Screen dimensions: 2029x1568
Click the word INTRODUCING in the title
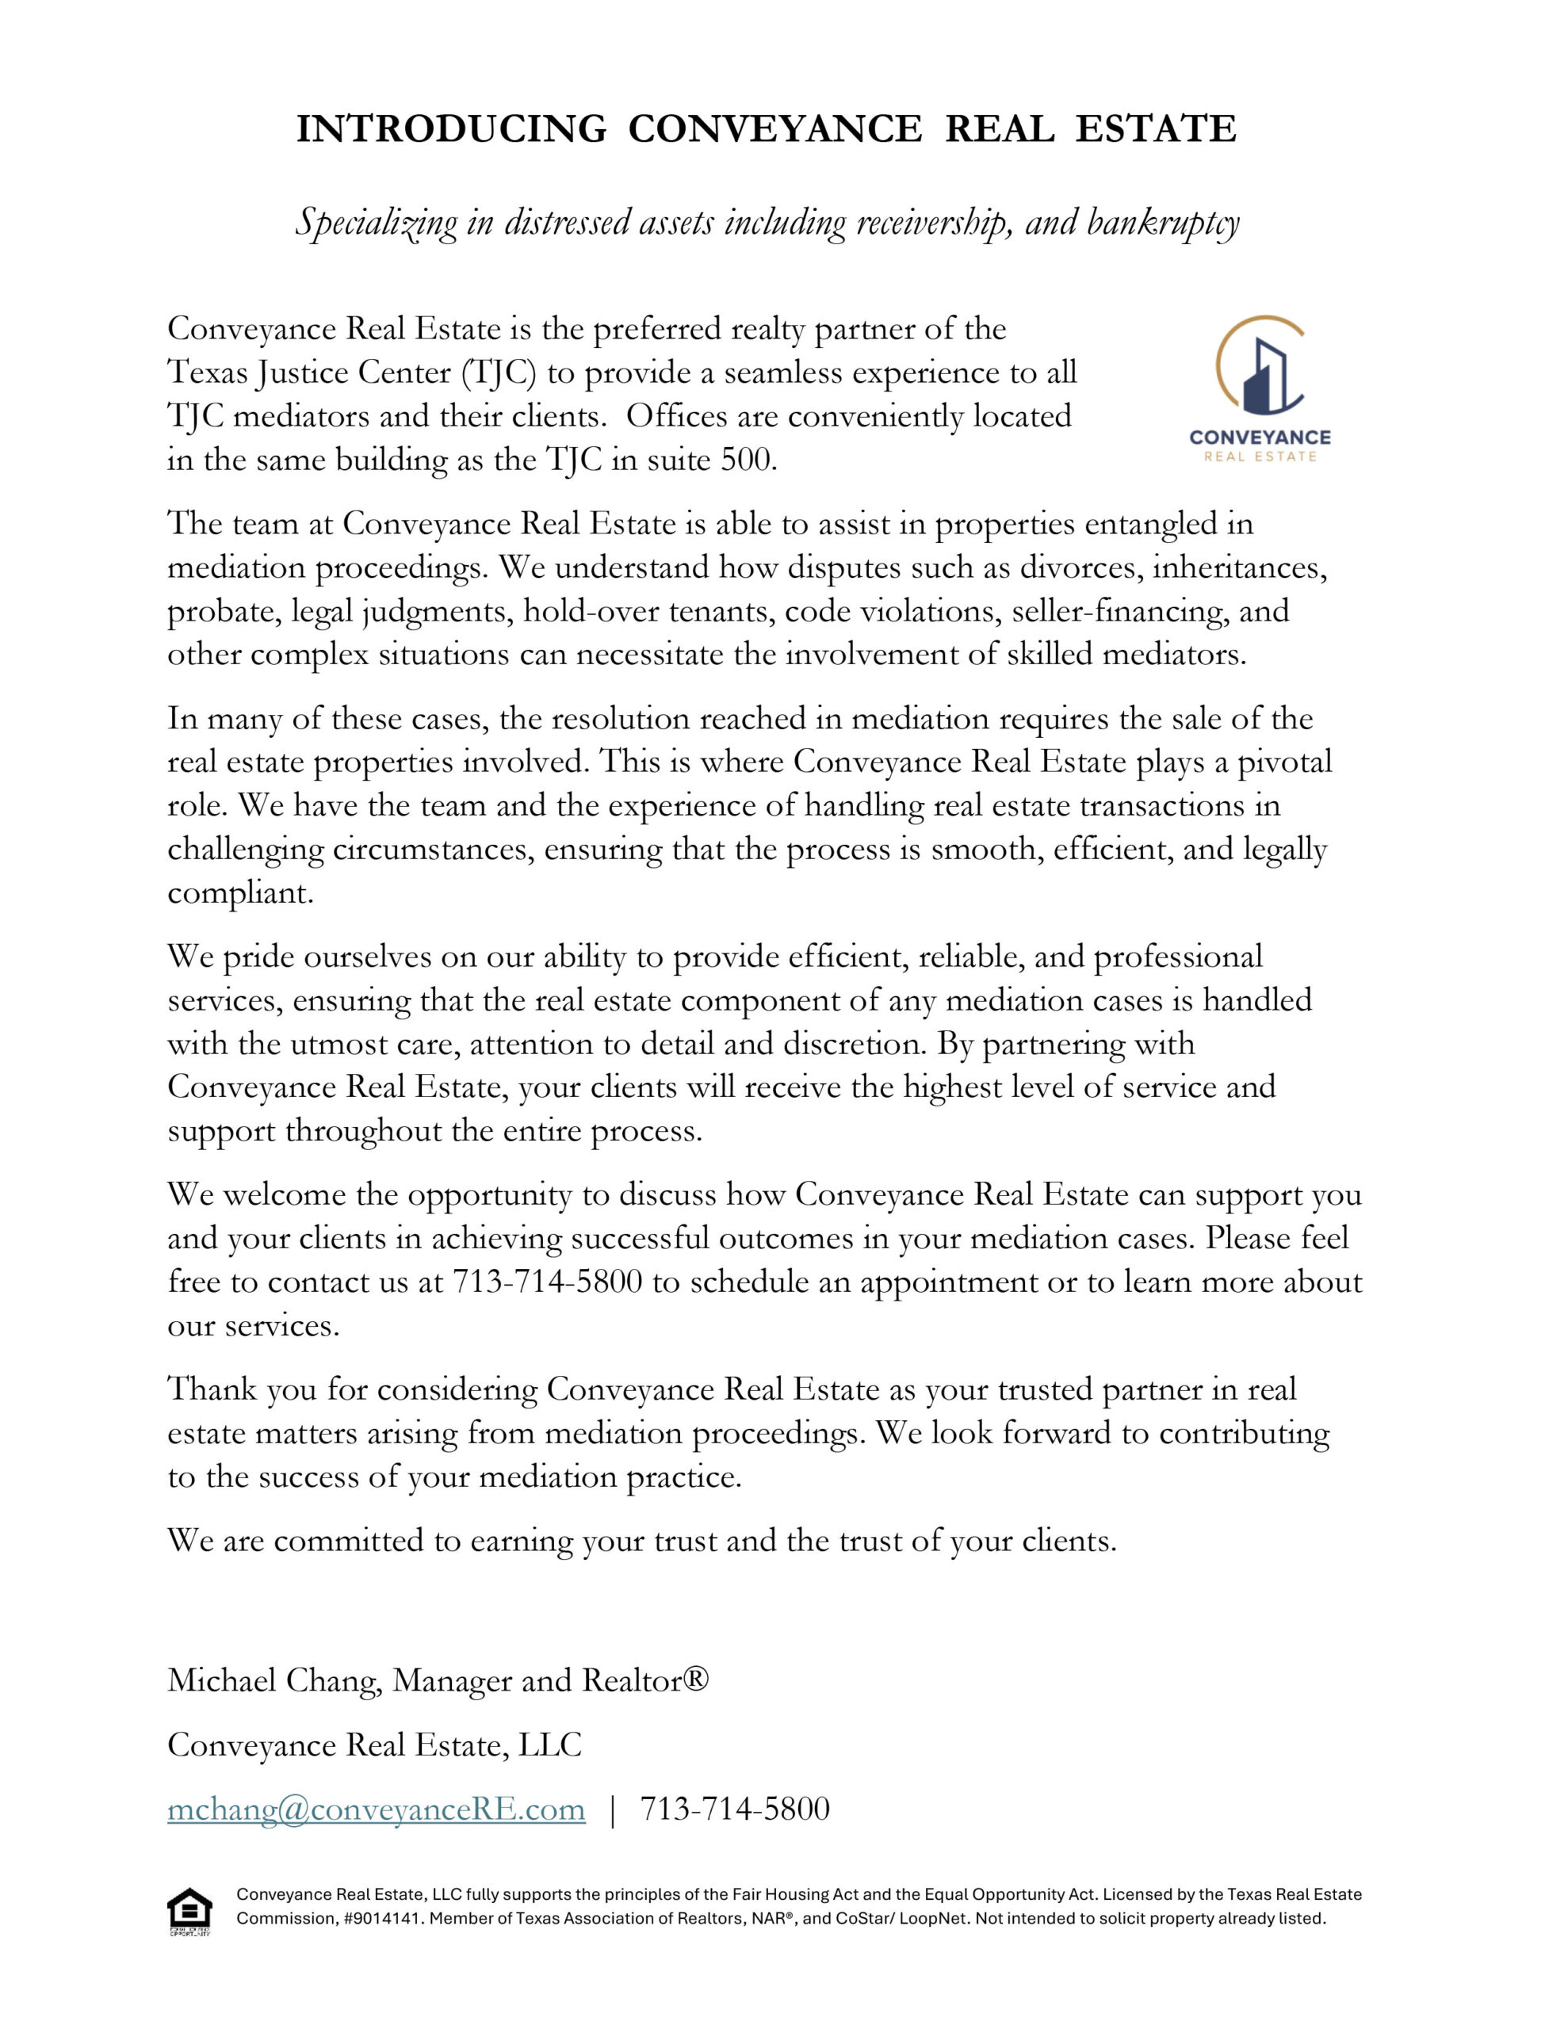(x=451, y=128)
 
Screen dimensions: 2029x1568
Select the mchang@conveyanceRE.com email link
(x=377, y=1809)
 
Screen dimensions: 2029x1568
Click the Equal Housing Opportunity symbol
(x=189, y=1912)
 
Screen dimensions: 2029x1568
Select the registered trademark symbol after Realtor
(x=695, y=1679)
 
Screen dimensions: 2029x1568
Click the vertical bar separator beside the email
(x=613, y=1809)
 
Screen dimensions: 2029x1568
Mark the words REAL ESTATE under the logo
(x=1260, y=457)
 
